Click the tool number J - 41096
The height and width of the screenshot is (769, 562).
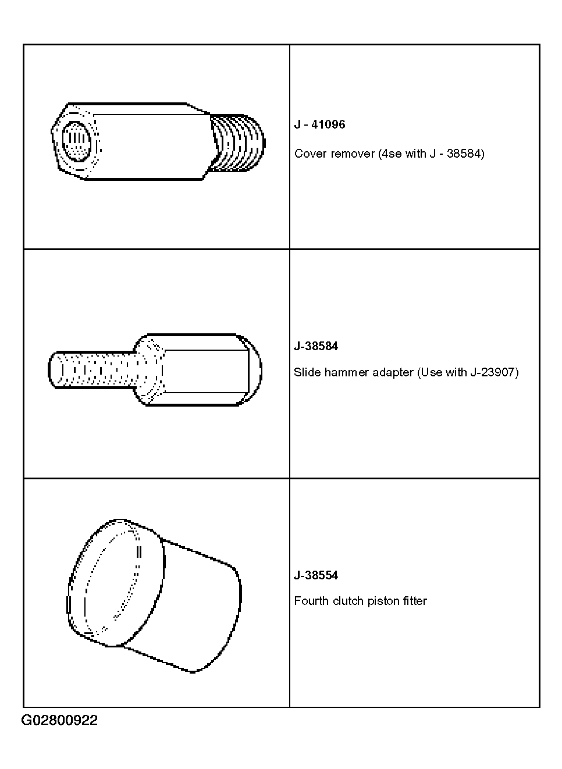tap(319, 124)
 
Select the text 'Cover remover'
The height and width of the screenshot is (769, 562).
tap(335, 154)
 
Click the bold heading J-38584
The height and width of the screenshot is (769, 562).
tap(316, 346)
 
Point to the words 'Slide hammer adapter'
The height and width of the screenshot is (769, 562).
tap(354, 372)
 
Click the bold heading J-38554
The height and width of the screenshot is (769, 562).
tap(316, 575)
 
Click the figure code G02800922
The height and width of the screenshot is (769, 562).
tap(59, 720)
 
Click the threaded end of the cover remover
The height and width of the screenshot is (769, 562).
tap(237, 143)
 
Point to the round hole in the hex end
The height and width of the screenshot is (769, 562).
tap(76, 141)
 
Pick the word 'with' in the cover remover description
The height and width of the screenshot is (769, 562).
tap(415, 154)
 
